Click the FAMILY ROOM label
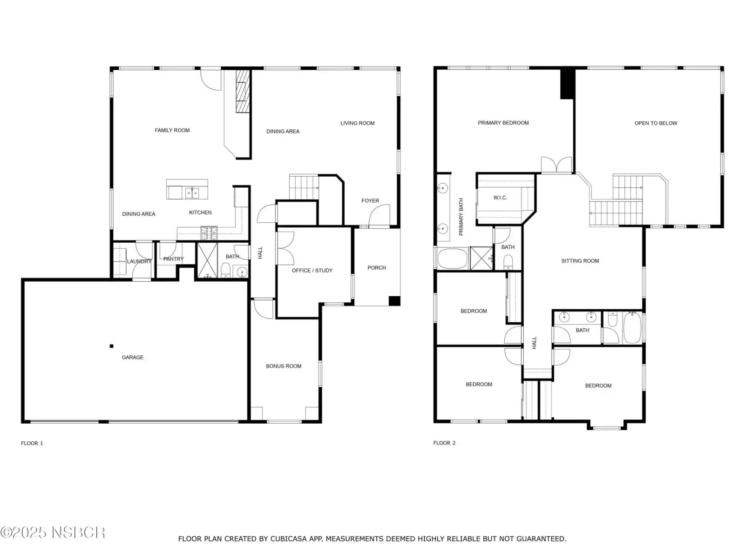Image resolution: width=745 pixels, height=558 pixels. (172, 130)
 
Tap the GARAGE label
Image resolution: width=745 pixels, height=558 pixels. (132, 357)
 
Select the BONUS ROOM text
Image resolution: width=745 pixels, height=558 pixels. (284, 366)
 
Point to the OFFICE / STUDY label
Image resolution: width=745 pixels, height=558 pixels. (312, 270)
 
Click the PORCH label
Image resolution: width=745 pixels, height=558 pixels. (376, 268)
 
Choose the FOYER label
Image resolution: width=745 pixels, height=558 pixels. (370, 200)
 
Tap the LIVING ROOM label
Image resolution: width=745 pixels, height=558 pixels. (358, 123)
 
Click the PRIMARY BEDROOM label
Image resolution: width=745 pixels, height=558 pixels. (503, 123)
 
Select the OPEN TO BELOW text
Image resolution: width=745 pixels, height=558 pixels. (656, 123)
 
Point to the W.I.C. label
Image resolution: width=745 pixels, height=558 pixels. (500, 198)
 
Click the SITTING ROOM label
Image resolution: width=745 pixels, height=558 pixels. (580, 260)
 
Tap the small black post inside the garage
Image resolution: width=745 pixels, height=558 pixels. (111, 346)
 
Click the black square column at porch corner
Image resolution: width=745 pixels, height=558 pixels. (394, 301)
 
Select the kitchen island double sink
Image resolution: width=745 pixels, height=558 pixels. (192, 193)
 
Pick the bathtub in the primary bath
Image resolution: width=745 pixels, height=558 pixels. (453, 259)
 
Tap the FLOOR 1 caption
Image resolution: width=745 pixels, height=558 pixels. (32, 443)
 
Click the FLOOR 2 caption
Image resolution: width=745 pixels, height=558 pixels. (444, 443)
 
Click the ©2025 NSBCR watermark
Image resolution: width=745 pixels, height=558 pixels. (53, 532)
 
